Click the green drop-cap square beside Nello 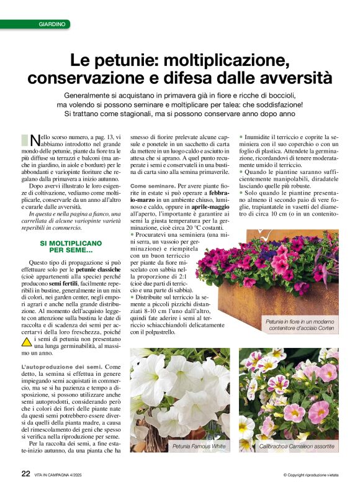tap(25, 140)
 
